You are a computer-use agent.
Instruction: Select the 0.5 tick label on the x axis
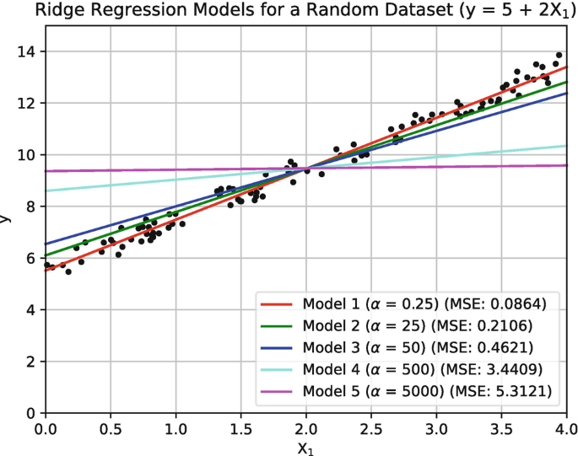pyautogui.click(x=110, y=428)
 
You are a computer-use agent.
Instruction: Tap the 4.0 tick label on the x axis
pyautogui.click(x=564, y=428)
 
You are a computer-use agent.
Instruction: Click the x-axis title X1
pyautogui.click(x=305, y=447)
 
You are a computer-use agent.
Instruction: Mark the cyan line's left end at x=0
pyautogui.click(x=46, y=190)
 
